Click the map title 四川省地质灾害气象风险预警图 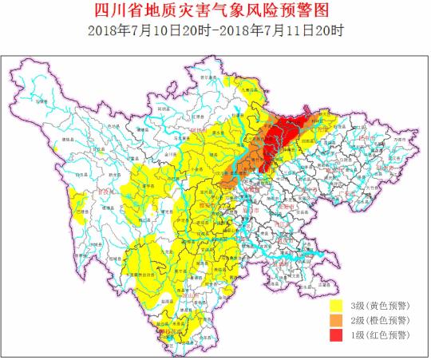point(215,11)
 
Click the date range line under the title point(215,31)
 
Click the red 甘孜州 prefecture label point(104,192)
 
